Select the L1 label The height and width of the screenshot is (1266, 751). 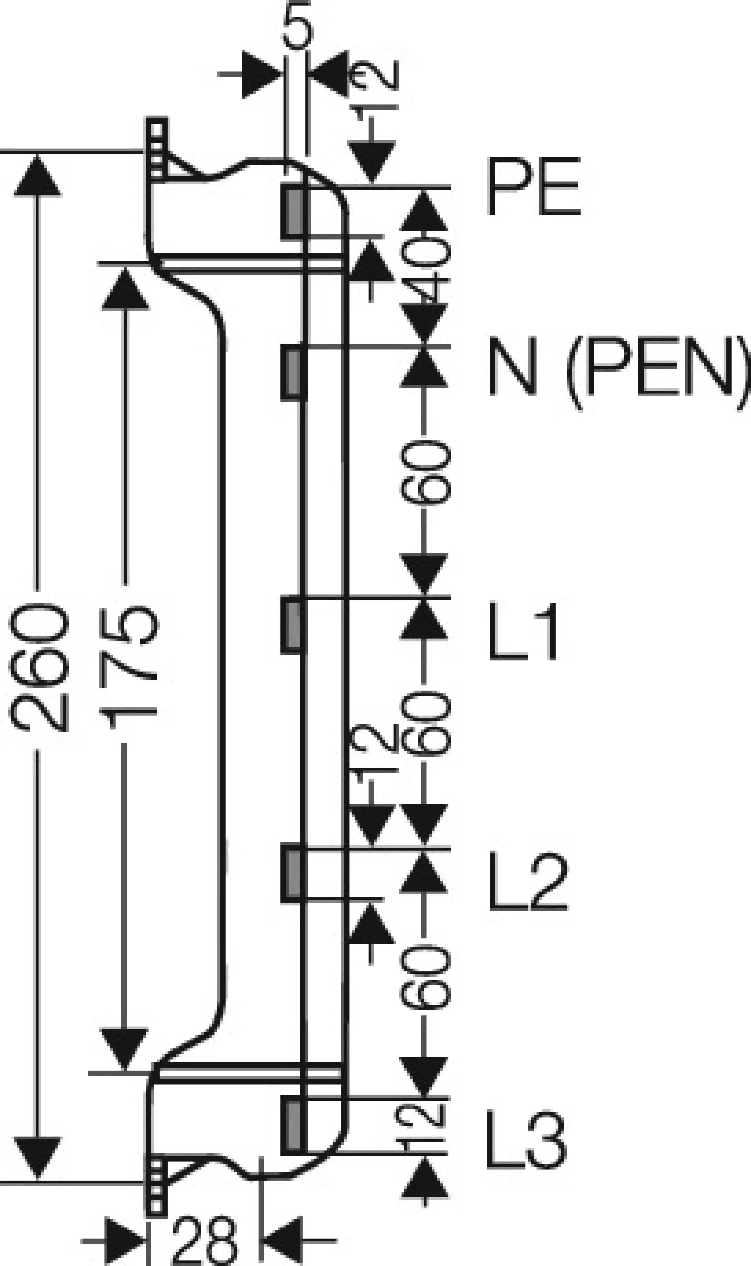point(523,631)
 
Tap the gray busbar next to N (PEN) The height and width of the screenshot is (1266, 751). point(294,373)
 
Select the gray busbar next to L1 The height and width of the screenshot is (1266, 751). point(294,625)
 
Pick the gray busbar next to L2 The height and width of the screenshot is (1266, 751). point(294,875)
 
